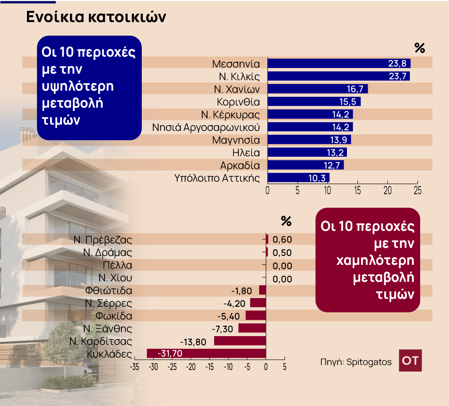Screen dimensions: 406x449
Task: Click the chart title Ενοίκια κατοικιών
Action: (x=95, y=17)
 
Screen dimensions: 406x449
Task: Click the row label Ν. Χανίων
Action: (x=237, y=89)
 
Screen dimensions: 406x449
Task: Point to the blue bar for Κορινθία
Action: (x=314, y=101)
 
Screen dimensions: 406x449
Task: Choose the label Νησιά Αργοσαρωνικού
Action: (x=206, y=127)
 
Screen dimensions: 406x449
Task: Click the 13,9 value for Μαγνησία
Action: (x=338, y=140)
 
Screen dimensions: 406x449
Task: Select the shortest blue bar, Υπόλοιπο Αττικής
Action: (x=298, y=178)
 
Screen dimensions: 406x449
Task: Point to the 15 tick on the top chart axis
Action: (x=358, y=190)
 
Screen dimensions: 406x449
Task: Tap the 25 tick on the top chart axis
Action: (x=417, y=190)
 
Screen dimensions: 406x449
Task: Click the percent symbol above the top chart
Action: (x=420, y=48)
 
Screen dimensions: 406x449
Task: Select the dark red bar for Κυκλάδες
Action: (x=207, y=354)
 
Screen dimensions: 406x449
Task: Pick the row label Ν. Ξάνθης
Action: (x=108, y=329)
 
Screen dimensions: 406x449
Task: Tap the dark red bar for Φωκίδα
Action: (x=256, y=316)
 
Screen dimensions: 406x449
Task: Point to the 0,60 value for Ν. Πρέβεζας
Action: (x=282, y=240)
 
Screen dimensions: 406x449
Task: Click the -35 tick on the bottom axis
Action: (x=135, y=367)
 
